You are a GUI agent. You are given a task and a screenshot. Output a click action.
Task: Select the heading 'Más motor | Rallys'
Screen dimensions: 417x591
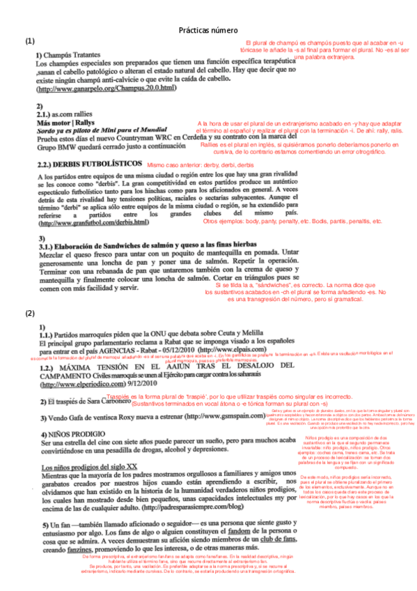pos(69,121)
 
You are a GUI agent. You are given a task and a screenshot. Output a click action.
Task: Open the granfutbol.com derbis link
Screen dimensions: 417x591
pos(95,223)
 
